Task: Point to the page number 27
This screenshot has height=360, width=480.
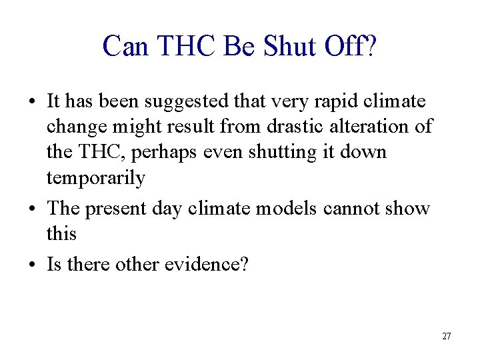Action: pos(447,336)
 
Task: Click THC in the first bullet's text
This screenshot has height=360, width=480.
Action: pos(103,152)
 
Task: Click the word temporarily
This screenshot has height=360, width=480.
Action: pos(95,179)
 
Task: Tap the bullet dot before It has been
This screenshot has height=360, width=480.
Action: pos(33,103)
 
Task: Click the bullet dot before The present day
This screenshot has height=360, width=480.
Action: pos(33,209)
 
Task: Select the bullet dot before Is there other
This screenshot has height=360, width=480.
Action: pos(33,265)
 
